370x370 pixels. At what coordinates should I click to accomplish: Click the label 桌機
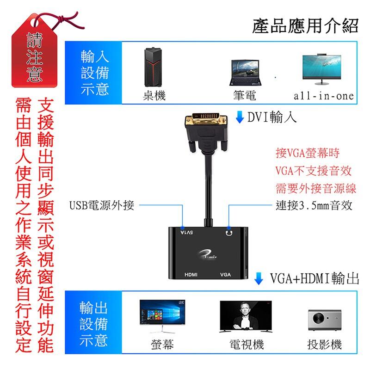point(154,96)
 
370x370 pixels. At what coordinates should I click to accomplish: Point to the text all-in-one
point(323,96)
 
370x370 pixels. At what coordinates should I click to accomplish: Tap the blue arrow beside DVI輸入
point(240,117)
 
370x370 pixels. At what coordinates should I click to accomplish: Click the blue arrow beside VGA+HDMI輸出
point(259,279)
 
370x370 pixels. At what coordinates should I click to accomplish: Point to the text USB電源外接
point(102,205)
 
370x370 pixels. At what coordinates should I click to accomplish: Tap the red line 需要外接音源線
point(315,188)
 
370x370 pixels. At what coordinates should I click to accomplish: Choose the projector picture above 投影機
point(324,320)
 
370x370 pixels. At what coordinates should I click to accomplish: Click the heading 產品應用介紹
point(305,25)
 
